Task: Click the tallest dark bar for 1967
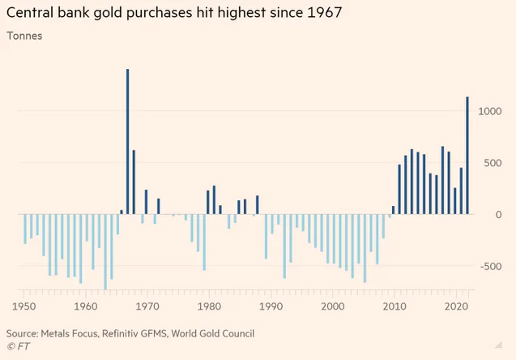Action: point(128,142)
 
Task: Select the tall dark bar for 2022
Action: point(467,156)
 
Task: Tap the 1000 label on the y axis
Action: point(489,111)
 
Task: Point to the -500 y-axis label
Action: point(491,266)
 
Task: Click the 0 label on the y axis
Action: point(498,215)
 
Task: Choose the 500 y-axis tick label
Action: point(493,163)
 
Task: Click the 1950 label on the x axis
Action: point(24,306)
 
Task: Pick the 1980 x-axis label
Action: point(209,306)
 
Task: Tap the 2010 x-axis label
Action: point(394,306)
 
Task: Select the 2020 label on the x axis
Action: point(456,306)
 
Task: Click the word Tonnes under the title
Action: point(24,36)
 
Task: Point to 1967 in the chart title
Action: point(325,12)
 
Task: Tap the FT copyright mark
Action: point(19,346)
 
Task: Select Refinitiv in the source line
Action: point(119,333)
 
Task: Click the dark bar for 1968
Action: point(134,182)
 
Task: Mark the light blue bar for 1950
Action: point(25,229)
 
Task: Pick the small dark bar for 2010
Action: point(393,210)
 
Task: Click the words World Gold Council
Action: point(213,333)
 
